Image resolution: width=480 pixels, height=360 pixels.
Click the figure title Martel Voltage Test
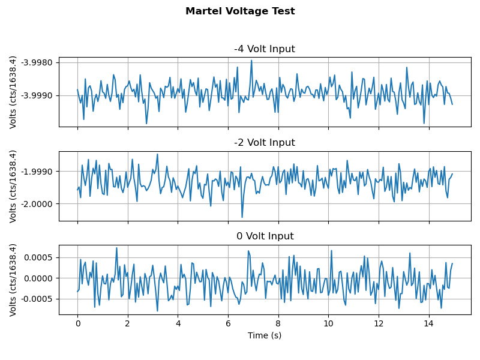click(240, 11)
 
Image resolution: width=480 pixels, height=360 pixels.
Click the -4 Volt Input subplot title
click(265, 49)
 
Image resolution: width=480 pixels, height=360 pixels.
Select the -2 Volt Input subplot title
click(265, 143)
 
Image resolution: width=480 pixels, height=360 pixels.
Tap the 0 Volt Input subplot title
click(265, 236)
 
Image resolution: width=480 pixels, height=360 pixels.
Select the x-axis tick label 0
click(77, 324)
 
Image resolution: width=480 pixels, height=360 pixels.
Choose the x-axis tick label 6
click(228, 324)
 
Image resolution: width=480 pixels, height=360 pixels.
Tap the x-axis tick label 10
click(328, 324)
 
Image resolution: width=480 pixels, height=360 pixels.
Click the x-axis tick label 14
click(428, 324)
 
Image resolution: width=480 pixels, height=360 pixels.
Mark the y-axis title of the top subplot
click(13, 92)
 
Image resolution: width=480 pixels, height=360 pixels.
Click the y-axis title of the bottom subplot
click(13, 280)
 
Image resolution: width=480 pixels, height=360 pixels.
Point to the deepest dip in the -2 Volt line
click(242, 217)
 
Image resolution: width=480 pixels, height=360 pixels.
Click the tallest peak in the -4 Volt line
click(251, 60)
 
